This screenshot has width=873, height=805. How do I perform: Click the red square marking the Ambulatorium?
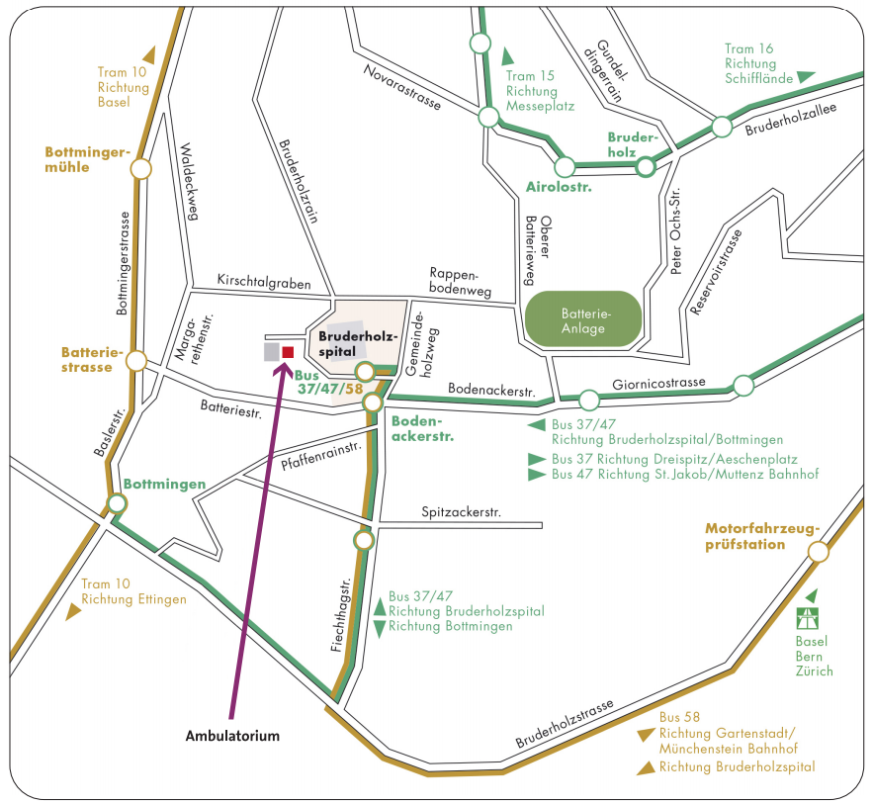coord(288,352)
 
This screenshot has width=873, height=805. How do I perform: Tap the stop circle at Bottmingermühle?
coord(140,169)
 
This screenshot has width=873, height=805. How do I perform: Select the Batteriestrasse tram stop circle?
coord(135,360)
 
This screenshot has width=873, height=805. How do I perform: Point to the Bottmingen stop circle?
coord(117,503)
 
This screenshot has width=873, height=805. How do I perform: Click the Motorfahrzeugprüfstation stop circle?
coord(819,552)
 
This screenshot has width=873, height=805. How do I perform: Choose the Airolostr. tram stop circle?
coord(565,166)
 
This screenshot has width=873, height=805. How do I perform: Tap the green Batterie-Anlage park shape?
coord(583,319)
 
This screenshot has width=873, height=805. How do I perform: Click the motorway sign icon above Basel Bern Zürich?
coord(807,618)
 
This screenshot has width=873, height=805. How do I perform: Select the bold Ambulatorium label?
coord(232,736)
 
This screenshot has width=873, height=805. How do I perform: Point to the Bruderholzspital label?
coord(358,344)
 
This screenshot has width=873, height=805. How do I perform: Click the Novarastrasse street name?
coord(402,87)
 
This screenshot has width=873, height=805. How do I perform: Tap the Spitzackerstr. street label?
coord(461,512)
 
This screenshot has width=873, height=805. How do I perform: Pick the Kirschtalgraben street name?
coord(264,282)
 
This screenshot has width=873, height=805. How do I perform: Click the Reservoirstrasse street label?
coord(716,272)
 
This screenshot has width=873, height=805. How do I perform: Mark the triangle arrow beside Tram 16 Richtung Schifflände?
coord(806,77)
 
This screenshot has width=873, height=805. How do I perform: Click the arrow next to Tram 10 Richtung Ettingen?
coord(73,612)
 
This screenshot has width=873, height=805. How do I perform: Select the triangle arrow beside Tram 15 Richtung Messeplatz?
coord(507,56)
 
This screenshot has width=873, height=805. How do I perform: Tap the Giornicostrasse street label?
coord(658,384)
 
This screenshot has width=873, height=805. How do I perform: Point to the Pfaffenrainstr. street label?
coord(321,456)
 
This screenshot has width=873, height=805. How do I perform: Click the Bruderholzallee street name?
coord(791,120)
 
